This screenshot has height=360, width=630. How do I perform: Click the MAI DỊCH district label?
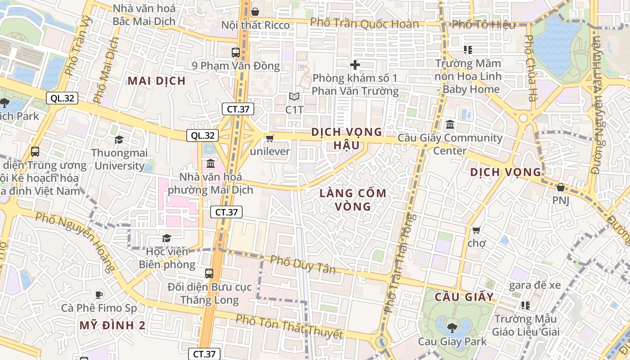point(156,81)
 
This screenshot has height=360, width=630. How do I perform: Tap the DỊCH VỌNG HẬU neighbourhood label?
point(346,139)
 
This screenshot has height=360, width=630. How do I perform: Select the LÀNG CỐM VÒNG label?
point(353,200)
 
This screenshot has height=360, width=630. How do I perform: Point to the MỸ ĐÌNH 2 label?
point(112,325)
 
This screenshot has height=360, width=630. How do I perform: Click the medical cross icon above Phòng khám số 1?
point(355,65)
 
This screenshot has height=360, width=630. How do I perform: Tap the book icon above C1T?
point(294,97)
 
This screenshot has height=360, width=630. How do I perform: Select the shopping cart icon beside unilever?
point(270,138)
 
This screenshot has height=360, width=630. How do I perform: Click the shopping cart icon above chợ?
point(476,230)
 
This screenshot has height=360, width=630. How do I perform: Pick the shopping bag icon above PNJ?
point(560,187)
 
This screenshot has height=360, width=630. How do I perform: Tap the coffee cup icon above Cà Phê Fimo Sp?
point(99,295)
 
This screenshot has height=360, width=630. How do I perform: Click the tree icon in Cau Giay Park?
point(452,328)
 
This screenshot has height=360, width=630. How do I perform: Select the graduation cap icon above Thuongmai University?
point(119,140)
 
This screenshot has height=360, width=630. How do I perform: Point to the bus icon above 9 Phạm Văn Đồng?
point(236,52)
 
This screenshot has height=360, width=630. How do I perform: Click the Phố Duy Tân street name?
point(303,265)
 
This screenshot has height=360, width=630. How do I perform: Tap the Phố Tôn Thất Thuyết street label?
point(289,327)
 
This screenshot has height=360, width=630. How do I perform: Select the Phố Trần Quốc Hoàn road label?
point(364,23)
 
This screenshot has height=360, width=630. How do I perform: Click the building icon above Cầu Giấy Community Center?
point(450,124)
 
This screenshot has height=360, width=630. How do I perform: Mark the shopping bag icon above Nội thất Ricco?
point(255,12)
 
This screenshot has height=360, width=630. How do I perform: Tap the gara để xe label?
point(535,285)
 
